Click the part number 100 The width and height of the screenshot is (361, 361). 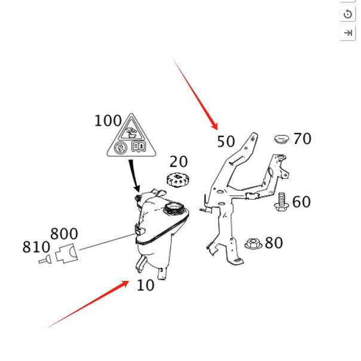tap(108, 121)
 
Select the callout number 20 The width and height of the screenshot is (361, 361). tap(178, 161)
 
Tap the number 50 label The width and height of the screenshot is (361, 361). tap(226, 142)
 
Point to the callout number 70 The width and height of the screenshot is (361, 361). tap(302, 139)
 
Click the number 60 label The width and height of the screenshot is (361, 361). tap(301, 202)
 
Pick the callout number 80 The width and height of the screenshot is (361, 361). tap(274, 243)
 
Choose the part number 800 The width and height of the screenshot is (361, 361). tap(64, 234)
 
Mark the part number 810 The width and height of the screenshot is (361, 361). tap(36, 247)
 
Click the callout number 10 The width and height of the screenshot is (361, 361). tap(145, 285)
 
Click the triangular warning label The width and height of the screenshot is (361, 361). tap(129, 138)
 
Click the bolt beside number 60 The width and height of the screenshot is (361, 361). tap(282, 202)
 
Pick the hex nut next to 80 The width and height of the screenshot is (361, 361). tap(253, 243)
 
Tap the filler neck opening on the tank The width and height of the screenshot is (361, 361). tap(173, 209)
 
